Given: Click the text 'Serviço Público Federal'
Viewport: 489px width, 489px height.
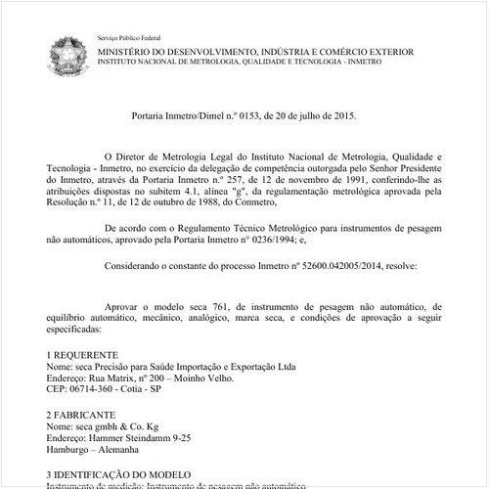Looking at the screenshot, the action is coord(130,35).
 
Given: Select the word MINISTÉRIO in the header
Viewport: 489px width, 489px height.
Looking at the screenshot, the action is coord(129,48).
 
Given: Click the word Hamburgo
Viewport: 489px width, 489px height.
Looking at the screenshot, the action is coord(68,451).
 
